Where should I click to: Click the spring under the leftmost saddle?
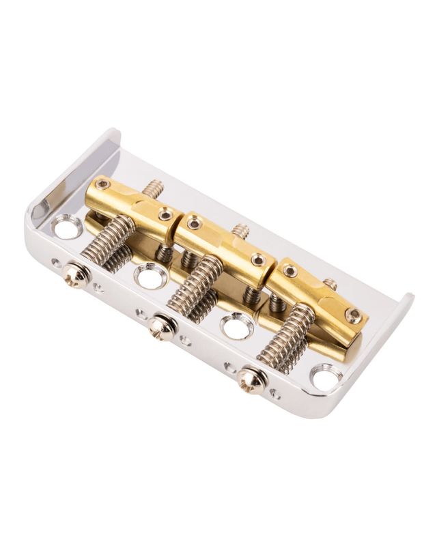click(108, 240)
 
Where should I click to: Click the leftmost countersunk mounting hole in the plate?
click(67, 226)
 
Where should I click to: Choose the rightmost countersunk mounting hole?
click(326, 377)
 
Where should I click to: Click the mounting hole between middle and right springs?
click(237, 326)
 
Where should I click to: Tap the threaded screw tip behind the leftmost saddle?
click(154, 188)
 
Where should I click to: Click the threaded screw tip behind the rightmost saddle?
click(330, 283)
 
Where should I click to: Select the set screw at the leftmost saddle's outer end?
click(102, 184)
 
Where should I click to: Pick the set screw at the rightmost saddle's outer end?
click(353, 315)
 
